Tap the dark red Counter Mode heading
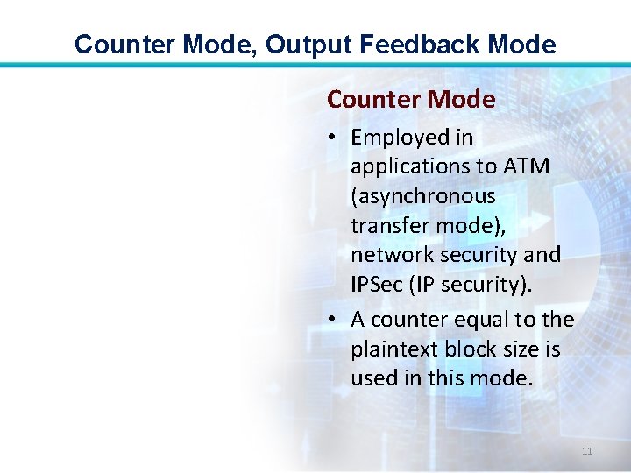pyautogui.click(x=411, y=100)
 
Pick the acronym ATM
pyautogui.click(x=527, y=166)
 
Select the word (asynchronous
pyautogui.click(x=423, y=196)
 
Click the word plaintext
pyautogui.click(x=393, y=349)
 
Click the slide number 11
pyautogui.click(x=587, y=451)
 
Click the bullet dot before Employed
pyautogui.click(x=335, y=138)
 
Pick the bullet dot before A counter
pyautogui.click(x=335, y=321)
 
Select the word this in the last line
pyautogui.click(x=446, y=379)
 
